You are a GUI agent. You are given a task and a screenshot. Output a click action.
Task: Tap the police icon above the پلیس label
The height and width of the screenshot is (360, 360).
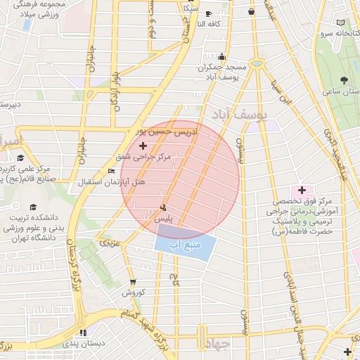click(x=163, y=207)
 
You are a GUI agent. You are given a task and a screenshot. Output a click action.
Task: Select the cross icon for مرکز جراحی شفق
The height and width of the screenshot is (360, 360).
click(x=143, y=145)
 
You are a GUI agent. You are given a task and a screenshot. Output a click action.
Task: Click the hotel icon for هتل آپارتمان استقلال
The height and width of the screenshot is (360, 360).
click(x=111, y=171)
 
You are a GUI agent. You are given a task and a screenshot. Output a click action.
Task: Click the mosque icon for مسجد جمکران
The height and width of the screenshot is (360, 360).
click(x=223, y=57)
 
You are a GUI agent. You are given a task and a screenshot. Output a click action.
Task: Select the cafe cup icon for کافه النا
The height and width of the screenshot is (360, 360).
click(x=208, y=13)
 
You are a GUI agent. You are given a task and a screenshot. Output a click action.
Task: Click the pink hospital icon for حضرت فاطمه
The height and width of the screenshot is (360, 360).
click(x=302, y=190)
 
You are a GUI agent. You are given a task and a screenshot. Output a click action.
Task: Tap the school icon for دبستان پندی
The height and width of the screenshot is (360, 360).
click(x=84, y=333)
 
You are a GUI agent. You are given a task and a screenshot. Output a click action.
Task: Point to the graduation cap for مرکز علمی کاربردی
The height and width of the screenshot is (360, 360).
click(x=20, y=157)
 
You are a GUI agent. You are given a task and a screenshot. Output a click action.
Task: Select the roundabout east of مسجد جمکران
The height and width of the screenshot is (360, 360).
click(x=257, y=64)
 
